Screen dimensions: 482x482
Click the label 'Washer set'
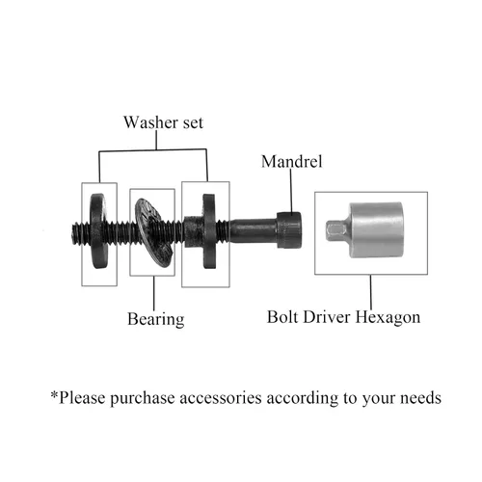coord(163,122)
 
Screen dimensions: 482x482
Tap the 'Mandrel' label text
coord(291,161)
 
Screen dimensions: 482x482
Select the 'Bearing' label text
coord(156,319)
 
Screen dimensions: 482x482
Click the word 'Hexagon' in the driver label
coord(388,318)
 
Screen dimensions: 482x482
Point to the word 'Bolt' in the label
coord(282,317)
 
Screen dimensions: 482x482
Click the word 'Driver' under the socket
coord(326,317)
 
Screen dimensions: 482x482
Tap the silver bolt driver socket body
coord(376,230)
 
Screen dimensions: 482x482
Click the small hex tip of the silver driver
coord(335,229)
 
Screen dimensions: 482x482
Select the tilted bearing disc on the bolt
coord(152,232)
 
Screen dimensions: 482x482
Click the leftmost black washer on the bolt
coord(99,230)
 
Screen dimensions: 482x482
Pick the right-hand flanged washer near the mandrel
coord(205,231)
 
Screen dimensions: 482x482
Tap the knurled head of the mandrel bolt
coord(289,230)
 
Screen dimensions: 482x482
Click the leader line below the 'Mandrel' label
coord(291,191)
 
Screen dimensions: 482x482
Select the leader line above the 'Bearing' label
coord(153,293)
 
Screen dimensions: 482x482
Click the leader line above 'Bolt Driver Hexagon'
coord(371,292)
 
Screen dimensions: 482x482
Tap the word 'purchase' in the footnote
coord(143,398)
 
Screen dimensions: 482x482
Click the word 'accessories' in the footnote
coord(221,398)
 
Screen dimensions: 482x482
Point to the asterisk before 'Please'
coord(54,394)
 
